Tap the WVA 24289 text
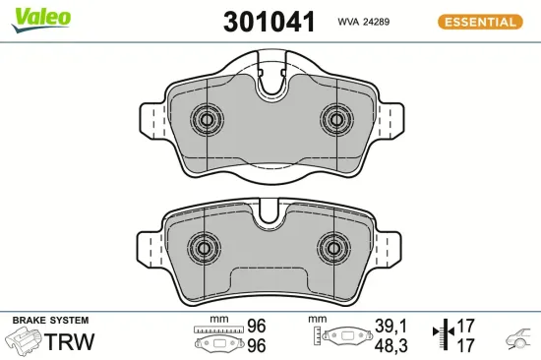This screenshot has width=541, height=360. tap(366, 22)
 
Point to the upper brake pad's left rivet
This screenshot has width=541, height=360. tap(208, 121)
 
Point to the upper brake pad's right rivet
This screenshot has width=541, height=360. tap(334, 121)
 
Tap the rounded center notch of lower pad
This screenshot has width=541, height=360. tap(269, 218)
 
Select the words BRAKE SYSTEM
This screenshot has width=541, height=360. tap(50, 321)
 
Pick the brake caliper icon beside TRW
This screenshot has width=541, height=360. tap(24, 341)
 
